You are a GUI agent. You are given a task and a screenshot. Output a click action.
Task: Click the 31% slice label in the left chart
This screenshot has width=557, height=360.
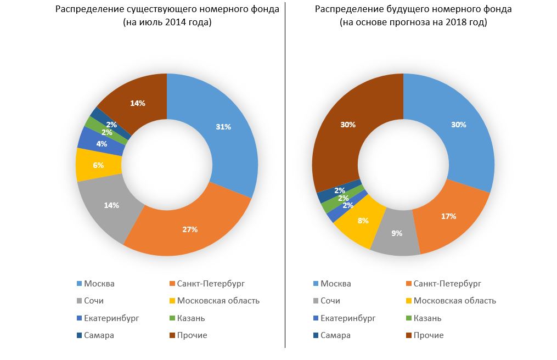pos(223,127)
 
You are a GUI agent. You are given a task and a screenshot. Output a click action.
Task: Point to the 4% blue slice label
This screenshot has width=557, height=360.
pos(102,144)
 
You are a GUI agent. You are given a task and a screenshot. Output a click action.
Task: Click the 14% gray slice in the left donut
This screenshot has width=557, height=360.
pos(111,205)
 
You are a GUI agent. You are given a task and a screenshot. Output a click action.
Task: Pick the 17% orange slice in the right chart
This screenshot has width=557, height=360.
pos(448,216)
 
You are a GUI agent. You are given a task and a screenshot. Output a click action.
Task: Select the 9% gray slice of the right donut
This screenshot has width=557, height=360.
pos(396,233)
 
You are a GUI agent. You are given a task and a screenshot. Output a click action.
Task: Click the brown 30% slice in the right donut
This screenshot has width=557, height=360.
pos(347,125)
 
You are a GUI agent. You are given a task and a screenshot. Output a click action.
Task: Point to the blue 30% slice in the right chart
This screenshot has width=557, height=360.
pos(459,125)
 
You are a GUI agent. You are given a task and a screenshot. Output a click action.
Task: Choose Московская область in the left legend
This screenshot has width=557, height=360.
pos(218,301)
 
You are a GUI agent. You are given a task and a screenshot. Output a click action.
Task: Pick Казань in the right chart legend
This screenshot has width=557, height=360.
pos(427,318)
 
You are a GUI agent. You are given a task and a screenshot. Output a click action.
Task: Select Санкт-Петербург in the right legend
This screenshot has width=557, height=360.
pos(447,284)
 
